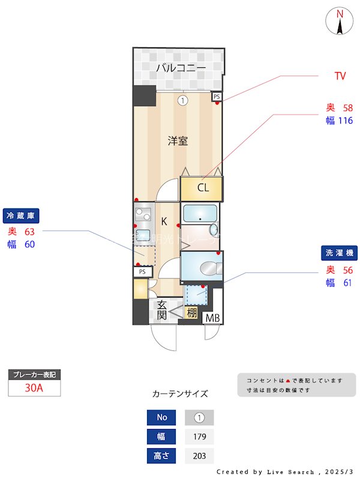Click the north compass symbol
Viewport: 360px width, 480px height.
340,22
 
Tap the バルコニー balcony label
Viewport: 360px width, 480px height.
181,68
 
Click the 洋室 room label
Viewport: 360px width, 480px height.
178,141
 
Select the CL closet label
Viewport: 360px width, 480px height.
203,188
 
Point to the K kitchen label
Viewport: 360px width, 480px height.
163,221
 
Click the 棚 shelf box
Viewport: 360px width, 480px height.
191,313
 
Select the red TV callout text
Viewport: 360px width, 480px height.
340,76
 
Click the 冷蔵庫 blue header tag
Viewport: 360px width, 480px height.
22,215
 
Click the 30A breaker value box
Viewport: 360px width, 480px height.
34,388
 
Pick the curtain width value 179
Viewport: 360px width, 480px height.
199,436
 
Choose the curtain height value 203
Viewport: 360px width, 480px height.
199,456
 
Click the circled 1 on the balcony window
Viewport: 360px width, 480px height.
182,100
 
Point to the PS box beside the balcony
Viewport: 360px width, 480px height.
217,96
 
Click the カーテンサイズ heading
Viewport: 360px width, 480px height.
180,394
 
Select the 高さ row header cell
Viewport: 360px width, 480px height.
161,456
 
